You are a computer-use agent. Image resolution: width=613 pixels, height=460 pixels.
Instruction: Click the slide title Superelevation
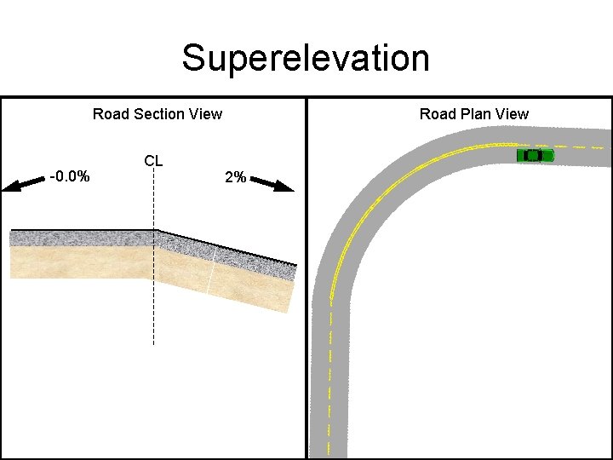tap(306, 59)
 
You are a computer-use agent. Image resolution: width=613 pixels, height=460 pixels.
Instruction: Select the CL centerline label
tap(153, 160)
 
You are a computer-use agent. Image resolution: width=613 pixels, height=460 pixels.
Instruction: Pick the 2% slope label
tap(235, 177)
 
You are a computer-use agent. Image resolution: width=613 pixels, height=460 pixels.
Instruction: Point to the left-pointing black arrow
tap(24, 183)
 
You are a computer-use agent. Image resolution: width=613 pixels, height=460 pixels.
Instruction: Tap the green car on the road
tap(535, 155)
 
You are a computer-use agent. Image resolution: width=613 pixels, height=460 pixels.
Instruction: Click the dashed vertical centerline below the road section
tap(153, 315)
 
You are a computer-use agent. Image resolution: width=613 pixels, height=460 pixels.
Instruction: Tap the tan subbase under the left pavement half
tap(82, 262)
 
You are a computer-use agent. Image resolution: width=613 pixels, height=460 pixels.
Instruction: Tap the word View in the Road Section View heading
tap(206, 114)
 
